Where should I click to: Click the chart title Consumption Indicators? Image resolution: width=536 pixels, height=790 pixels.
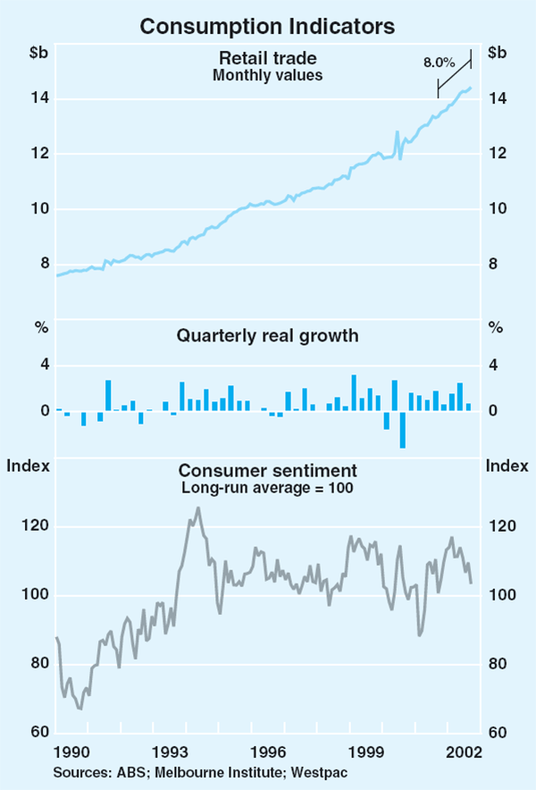268,27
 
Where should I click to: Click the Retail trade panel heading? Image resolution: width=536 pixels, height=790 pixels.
268,59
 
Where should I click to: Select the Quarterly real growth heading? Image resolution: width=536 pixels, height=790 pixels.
268,336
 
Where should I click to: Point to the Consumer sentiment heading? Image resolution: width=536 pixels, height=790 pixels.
268,470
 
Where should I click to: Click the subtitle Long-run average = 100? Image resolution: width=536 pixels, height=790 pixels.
268,488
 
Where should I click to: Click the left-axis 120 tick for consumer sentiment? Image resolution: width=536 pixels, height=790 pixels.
34,527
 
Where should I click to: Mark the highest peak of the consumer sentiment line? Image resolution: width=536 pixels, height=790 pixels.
197,508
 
